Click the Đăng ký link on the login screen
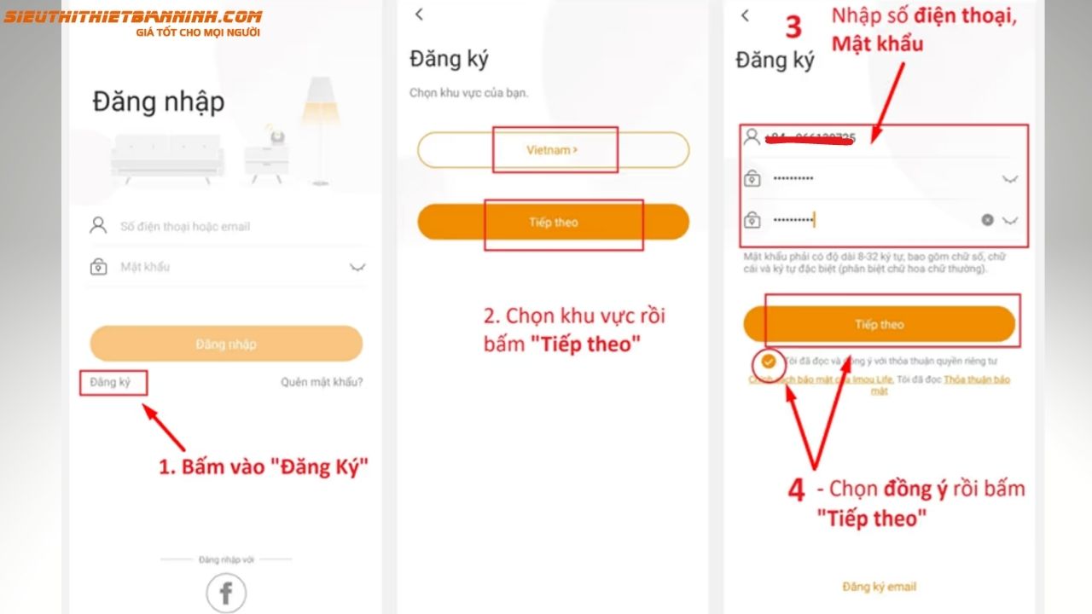click(x=110, y=382)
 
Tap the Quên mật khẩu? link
click(x=322, y=382)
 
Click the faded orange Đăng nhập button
click(x=226, y=344)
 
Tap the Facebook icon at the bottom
click(x=226, y=594)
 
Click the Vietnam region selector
click(x=552, y=150)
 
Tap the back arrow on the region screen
click(x=419, y=14)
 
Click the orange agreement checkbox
click(x=769, y=361)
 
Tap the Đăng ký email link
click(x=879, y=587)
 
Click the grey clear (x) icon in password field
click(x=987, y=220)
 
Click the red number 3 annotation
click(x=793, y=27)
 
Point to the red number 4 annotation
click(x=796, y=490)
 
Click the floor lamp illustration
click(x=320, y=128)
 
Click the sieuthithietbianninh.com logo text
click(x=132, y=17)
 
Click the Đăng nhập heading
click(x=159, y=102)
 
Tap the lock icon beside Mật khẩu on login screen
click(x=98, y=268)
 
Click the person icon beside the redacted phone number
click(x=752, y=136)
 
